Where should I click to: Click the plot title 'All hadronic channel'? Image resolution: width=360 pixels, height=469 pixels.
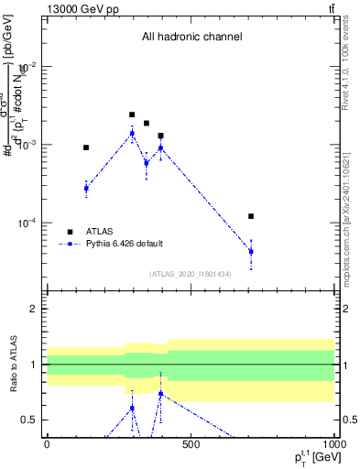coord(191,38)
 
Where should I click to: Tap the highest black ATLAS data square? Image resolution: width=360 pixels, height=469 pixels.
coord(132,115)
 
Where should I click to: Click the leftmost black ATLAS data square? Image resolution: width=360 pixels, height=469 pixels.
coord(86,147)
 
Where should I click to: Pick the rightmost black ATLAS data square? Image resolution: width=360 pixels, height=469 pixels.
coord(250,216)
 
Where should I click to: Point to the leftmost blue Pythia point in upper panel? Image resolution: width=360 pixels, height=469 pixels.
coord(86,188)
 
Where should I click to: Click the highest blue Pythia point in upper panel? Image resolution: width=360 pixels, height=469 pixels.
coord(132,133)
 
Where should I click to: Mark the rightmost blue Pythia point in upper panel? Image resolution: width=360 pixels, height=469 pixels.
coord(250,251)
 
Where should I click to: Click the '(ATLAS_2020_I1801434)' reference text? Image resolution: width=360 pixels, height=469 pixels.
coord(191,274)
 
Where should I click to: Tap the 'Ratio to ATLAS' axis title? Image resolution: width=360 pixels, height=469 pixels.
coord(13,365)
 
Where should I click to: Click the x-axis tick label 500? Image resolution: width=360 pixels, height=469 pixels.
coord(191,444)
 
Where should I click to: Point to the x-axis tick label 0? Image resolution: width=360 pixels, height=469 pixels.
coord(47,444)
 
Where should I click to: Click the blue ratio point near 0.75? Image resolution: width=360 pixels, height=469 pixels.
coord(161,394)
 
